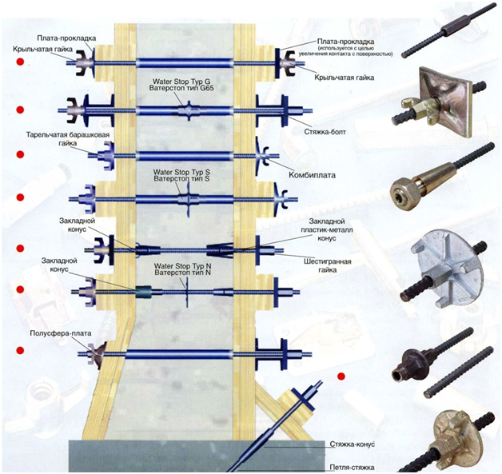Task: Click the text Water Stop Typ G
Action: click(x=184, y=81)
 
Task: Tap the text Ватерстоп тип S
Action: click(x=185, y=178)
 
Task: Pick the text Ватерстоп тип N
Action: click(x=183, y=273)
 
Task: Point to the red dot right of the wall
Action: click(x=341, y=376)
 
